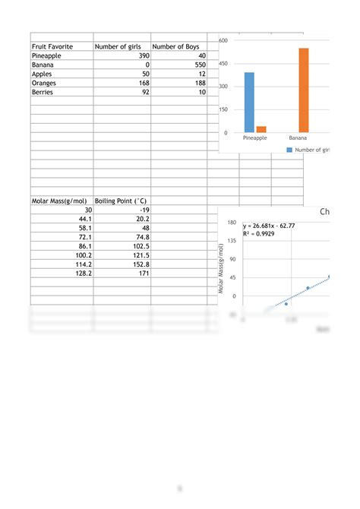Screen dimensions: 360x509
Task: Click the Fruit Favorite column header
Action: click(52, 46)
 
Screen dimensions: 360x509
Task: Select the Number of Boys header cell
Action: click(175, 46)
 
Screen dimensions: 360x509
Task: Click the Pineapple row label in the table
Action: click(49, 56)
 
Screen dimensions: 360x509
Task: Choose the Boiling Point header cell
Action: click(122, 201)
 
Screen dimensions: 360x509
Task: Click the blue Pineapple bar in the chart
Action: click(249, 103)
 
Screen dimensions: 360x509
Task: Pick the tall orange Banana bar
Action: click(304, 90)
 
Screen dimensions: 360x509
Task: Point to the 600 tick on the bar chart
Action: click(223, 40)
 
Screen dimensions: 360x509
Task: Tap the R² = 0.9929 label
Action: click(259, 234)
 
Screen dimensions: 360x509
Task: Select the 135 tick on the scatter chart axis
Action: click(232, 241)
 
